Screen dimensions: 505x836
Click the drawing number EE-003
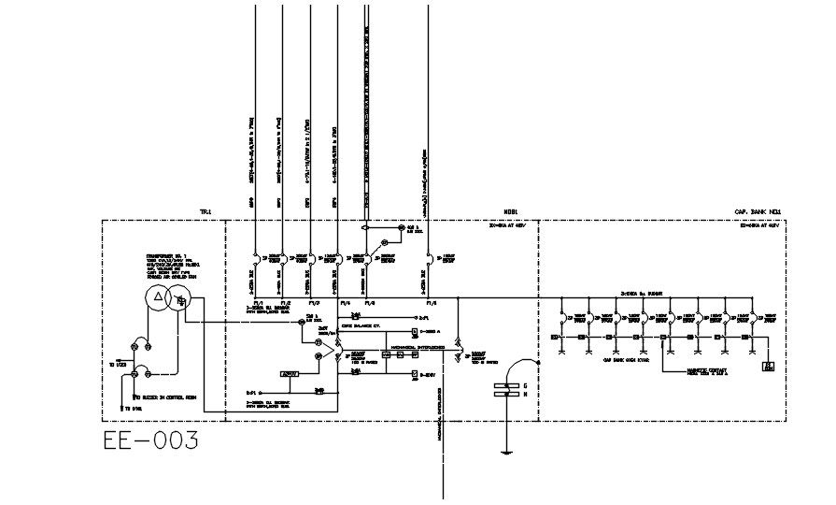pyautogui.click(x=151, y=440)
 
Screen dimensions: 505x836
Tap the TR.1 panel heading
pyautogui.click(x=206, y=212)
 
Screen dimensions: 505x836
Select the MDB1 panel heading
pyautogui.click(x=511, y=212)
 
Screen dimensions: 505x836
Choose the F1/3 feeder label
pyautogui.click(x=314, y=303)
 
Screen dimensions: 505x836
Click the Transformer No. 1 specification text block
pyautogui.click(x=173, y=265)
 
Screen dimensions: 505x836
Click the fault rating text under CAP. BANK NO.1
pyautogui.click(x=759, y=226)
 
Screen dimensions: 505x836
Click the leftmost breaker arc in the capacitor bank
pyautogui.click(x=559, y=313)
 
